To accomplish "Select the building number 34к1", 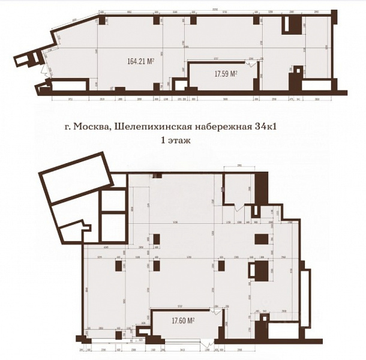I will pyautogui.click(x=280, y=126).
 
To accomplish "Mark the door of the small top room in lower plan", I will pyautogui.click(x=239, y=208).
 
